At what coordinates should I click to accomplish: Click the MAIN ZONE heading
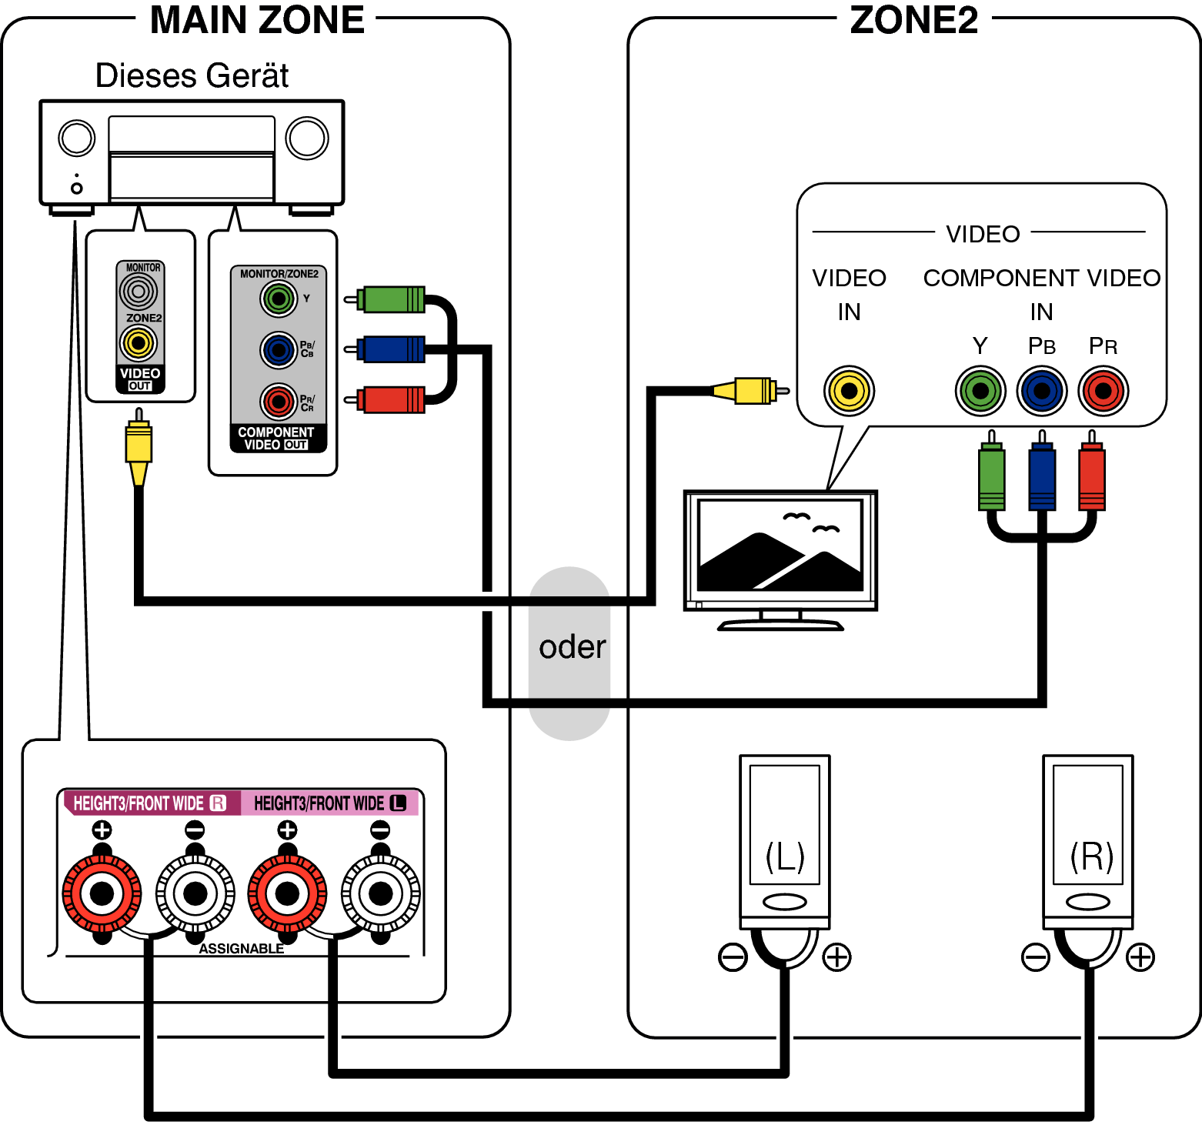tap(256, 21)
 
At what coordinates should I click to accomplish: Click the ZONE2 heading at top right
tap(913, 21)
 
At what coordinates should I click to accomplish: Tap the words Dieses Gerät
tap(192, 76)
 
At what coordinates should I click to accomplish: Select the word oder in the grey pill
tap(572, 647)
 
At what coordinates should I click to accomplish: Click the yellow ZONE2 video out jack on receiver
tap(139, 343)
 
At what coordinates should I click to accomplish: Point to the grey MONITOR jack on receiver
tap(139, 292)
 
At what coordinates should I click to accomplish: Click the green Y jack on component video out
tap(279, 299)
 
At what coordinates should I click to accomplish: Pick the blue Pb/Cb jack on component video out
tap(279, 350)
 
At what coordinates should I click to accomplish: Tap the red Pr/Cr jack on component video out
tap(279, 401)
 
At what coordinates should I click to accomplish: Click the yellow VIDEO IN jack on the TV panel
tap(849, 391)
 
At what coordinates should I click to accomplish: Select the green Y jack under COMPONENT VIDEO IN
tap(980, 391)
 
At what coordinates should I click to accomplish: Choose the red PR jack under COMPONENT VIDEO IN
tap(1103, 391)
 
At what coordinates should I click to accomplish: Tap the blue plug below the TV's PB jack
tap(1042, 477)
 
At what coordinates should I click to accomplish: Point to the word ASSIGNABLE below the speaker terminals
tap(241, 949)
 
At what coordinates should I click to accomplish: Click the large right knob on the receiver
tap(307, 139)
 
